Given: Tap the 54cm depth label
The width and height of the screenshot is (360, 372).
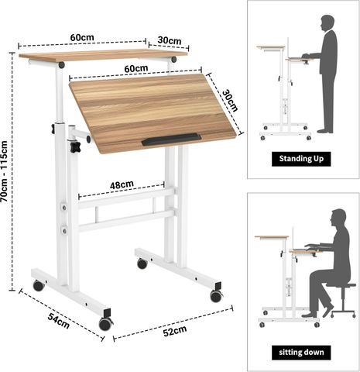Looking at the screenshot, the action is (x=59, y=321).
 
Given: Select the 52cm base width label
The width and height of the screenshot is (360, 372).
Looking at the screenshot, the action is (x=175, y=331).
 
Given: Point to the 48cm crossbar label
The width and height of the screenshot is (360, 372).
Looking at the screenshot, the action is (x=122, y=184).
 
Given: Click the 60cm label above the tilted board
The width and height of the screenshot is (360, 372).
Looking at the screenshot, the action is (x=136, y=68).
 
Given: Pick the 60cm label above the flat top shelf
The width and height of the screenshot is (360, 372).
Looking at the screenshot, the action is (x=82, y=37).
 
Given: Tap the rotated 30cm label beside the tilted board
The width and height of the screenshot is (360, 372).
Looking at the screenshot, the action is (x=230, y=101).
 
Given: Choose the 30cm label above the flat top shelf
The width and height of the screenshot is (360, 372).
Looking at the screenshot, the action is (x=170, y=40).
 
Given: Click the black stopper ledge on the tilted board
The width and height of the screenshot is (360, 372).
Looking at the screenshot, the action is (x=171, y=139).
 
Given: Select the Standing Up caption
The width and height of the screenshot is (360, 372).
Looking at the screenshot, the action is (x=301, y=159).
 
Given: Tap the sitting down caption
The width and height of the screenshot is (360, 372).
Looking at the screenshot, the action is (x=301, y=353).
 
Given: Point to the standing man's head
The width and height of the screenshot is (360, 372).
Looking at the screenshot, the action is (x=327, y=22).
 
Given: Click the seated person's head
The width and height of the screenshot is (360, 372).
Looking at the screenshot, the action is (x=338, y=219).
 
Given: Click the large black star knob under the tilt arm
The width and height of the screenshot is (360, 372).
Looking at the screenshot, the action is (x=75, y=146).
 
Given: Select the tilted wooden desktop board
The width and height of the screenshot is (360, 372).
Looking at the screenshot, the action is (x=153, y=114).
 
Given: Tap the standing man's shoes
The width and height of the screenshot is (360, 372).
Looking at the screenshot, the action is (x=324, y=131).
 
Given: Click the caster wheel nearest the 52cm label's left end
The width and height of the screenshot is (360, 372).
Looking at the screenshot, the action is (x=105, y=324).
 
